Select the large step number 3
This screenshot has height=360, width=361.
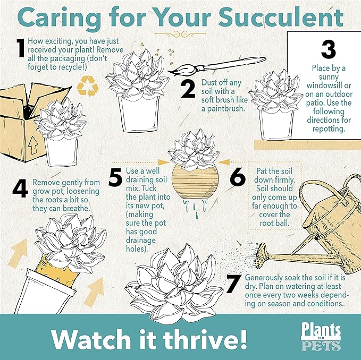pyautogui.click(x=328, y=49)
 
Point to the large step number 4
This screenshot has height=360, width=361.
pyautogui.click(x=20, y=189)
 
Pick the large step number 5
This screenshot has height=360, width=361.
pyautogui.click(x=115, y=178)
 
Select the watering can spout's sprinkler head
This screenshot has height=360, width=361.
pyautogui.click(x=261, y=250)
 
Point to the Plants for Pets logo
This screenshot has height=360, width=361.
pyautogui.click(x=321, y=337)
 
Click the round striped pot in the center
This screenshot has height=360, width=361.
pyautogui.click(x=197, y=184)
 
